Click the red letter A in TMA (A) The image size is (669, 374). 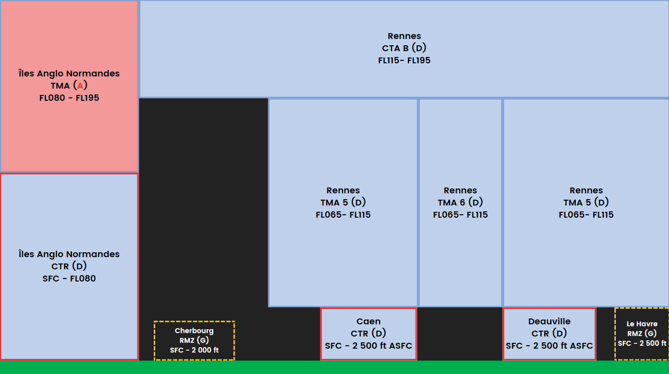[80, 86]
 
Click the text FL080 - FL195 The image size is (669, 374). [69, 98]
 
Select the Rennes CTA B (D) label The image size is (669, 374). [404, 48]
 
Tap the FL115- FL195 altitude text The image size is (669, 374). [404, 60]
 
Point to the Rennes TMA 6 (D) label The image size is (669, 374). [460, 203]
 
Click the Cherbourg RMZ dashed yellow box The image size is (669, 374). [194, 340]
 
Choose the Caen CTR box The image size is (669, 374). [368, 334]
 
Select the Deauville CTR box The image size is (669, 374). [549, 334]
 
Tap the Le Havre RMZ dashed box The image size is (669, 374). [642, 334]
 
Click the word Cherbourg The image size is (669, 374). [194, 331]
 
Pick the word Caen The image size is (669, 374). [368, 321]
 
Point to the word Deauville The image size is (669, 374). [549, 321]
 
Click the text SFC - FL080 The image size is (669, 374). [69, 279]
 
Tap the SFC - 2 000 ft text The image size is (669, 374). [194, 350]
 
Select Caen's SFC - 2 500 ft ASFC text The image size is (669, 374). [368, 346]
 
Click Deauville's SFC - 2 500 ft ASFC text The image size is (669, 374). [549, 346]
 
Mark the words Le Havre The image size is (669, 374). [642, 324]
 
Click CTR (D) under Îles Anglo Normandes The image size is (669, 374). [69, 266]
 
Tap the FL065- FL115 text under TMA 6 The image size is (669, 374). [460, 215]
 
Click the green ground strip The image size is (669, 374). [335, 368]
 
